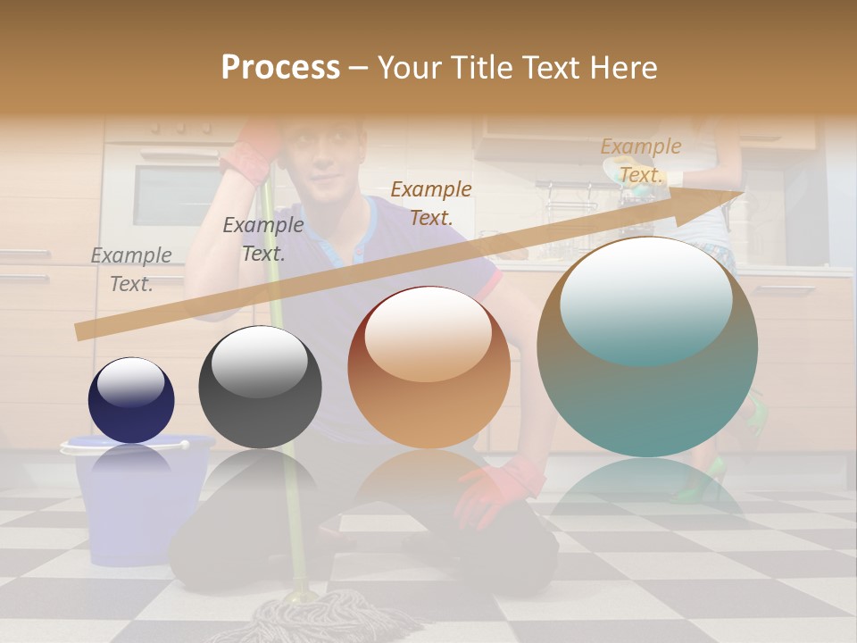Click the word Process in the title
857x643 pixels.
(280, 68)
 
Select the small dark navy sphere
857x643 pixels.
(131, 400)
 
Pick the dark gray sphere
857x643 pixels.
(260, 388)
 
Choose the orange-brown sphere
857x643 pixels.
(428, 367)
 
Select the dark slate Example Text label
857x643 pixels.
(263, 239)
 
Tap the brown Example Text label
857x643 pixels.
(431, 203)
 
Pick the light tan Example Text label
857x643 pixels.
(641, 161)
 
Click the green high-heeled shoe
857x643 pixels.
(701, 482)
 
